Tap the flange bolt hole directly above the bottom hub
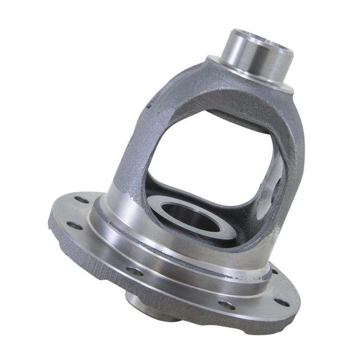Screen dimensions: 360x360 tap(135, 271)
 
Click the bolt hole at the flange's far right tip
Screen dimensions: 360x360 tap(282, 302)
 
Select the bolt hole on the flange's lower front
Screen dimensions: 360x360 tap(227, 305)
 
